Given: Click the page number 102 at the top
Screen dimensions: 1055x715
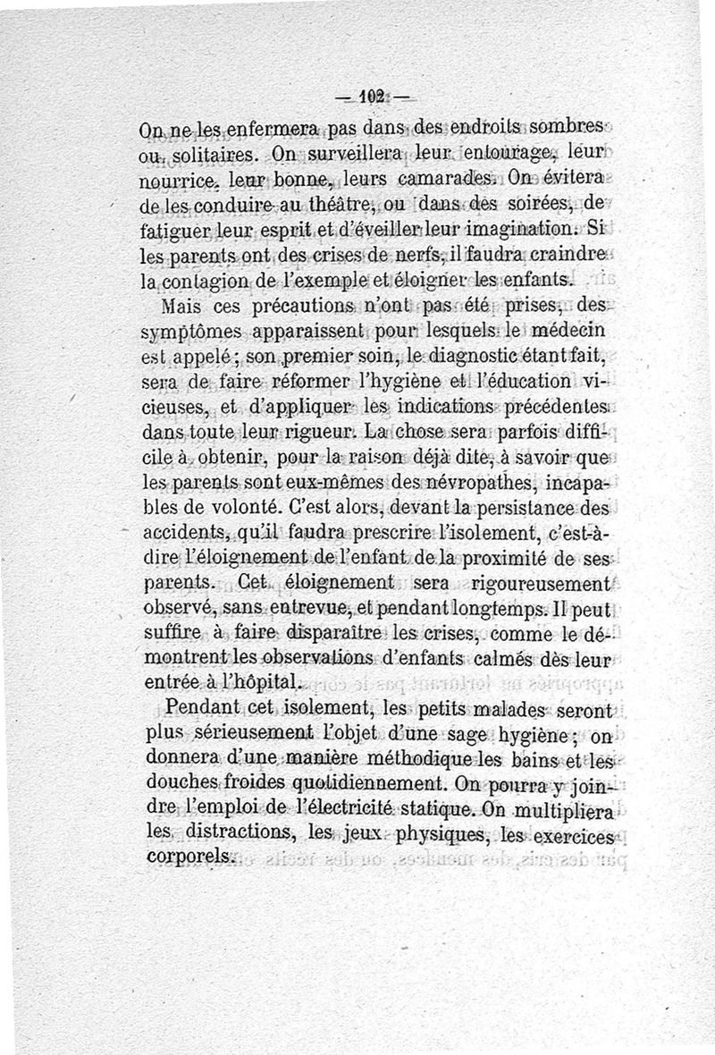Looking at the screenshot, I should tap(370, 96).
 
